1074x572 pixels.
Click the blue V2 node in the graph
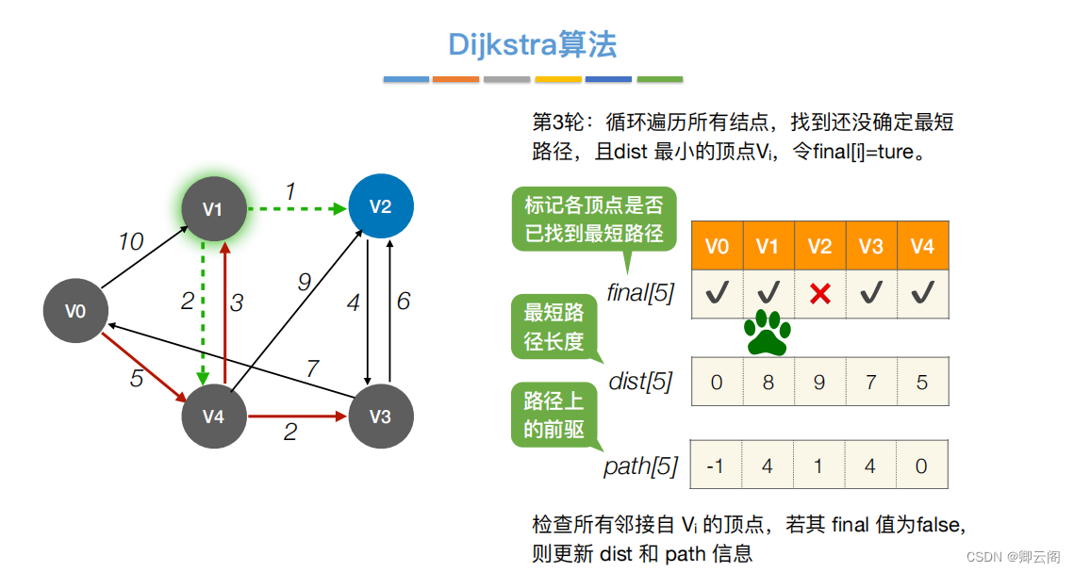pyautogui.click(x=380, y=206)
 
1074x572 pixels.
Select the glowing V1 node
pyautogui.click(x=214, y=208)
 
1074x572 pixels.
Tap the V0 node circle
pyautogui.click(x=75, y=310)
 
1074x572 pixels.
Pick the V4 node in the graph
pyautogui.click(x=214, y=416)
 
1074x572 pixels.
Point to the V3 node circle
pyautogui.click(x=380, y=416)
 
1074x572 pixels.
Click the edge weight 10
pyautogui.click(x=130, y=242)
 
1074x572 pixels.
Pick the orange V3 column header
pyautogui.click(x=871, y=247)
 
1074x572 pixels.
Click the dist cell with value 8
pyautogui.click(x=768, y=383)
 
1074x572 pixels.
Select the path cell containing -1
pyautogui.click(x=717, y=466)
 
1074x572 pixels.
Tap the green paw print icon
pyautogui.click(x=768, y=333)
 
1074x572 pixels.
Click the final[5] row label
pyautogui.click(x=641, y=293)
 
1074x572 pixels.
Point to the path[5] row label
pyautogui.click(x=640, y=466)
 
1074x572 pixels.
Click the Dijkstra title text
pyautogui.click(x=533, y=43)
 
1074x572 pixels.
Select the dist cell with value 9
pyautogui.click(x=819, y=383)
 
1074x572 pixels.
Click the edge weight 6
pyautogui.click(x=404, y=302)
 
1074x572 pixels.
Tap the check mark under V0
pyautogui.click(x=717, y=293)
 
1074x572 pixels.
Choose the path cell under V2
pyautogui.click(x=819, y=466)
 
